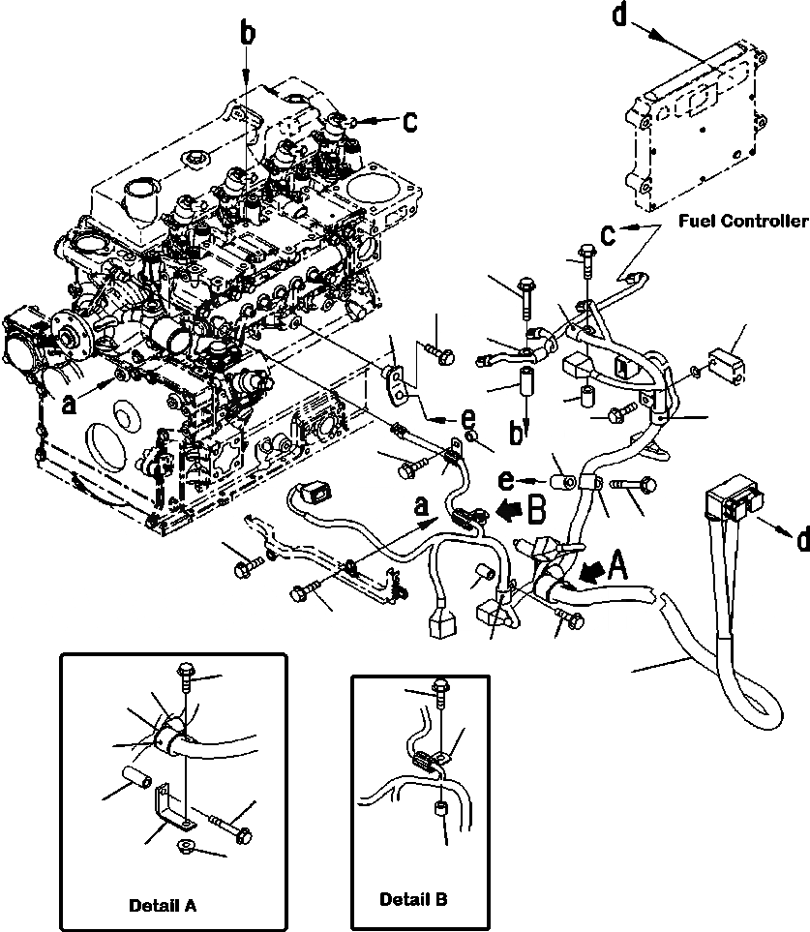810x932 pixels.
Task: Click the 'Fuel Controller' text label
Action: pyautogui.click(x=742, y=222)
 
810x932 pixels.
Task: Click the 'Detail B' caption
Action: pyautogui.click(x=414, y=899)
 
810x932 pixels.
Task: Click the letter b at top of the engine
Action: pyautogui.click(x=249, y=35)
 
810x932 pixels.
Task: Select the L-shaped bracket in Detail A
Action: pyautogui.click(x=172, y=804)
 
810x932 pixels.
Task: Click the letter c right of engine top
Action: pyautogui.click(x=410, y=122)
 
